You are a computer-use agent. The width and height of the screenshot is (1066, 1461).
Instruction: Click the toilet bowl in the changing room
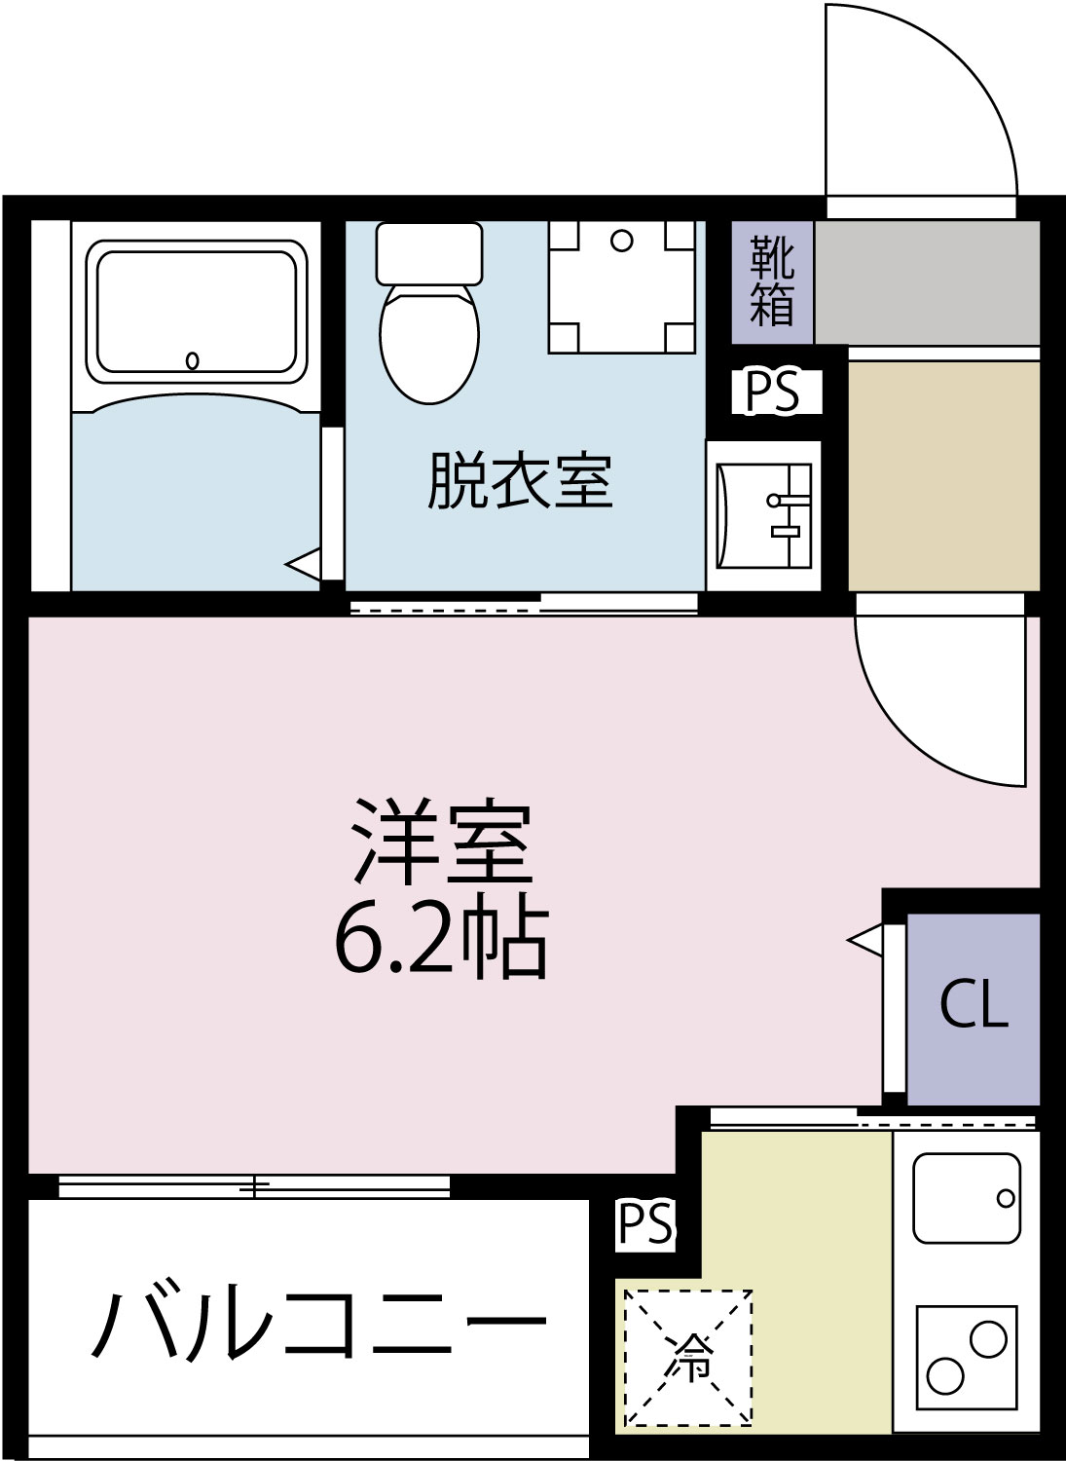429,341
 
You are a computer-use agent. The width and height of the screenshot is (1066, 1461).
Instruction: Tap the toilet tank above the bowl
429,253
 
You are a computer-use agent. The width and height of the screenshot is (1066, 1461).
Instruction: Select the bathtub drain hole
193,360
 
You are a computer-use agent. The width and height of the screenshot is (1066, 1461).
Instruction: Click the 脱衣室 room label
520,481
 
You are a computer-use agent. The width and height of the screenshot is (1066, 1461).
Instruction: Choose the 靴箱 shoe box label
772,282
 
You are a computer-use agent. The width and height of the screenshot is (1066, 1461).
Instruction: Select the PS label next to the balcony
645,1224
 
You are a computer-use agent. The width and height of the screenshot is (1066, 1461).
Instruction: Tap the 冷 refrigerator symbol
688,1358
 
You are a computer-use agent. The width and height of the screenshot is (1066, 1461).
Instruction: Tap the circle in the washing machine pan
622,241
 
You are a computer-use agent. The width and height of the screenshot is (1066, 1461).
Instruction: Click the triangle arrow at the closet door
866,940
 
